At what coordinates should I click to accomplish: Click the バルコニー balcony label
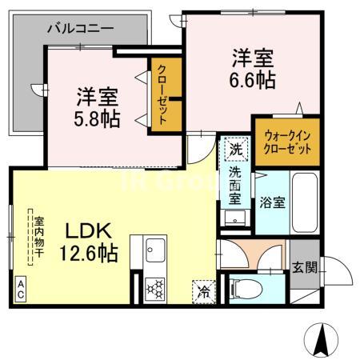(80, 29)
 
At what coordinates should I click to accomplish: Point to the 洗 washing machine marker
(236, 149)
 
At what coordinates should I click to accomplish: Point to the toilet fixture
(248, 286)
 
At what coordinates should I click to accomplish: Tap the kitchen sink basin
(154, 250)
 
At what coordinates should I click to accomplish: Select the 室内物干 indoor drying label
(37, 233)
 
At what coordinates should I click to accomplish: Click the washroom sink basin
(235, 217)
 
